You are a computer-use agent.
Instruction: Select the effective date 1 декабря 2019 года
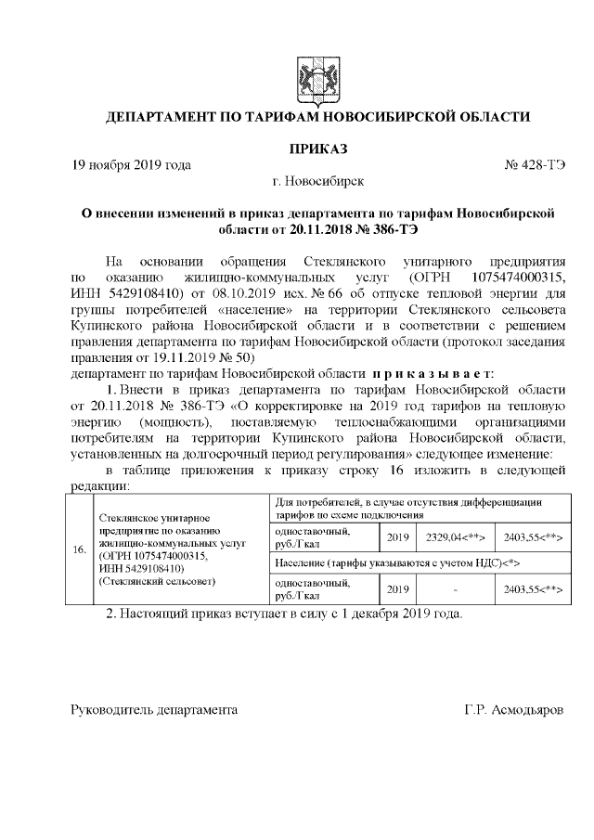pos(387,614)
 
